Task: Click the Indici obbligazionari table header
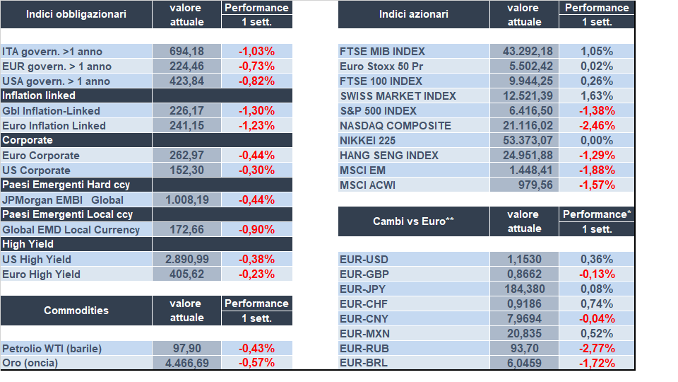(76, 14)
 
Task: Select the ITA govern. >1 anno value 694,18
(187, 51)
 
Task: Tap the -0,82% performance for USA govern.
(257, 81)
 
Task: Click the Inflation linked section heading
(39, 95)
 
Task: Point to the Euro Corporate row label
(41, 155)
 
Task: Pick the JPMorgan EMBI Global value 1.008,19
(187, 199)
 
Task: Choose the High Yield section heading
(28, 244)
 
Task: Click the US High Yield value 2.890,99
(187, 259)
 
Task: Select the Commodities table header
(76, 311)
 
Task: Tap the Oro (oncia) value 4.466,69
(187, 363)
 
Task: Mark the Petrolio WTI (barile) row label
(52, 348)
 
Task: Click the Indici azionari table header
(412, 14)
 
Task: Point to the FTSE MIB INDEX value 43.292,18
(525, 51)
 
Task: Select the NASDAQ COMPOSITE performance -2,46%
(597, 125)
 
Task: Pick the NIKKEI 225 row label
(369, 140)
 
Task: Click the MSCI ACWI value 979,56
(525, 185)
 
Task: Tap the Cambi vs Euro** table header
(412, 221)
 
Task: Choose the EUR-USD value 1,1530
(525, 259)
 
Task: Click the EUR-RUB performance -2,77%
(597, 348)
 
